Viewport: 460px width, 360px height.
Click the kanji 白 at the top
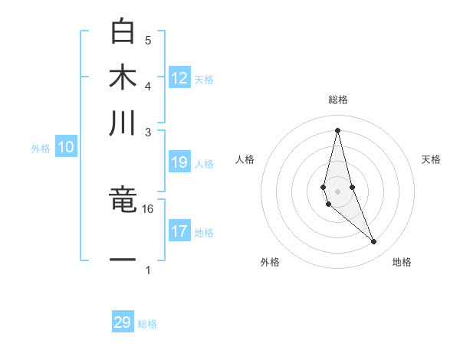123,31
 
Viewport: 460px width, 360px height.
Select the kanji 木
123,77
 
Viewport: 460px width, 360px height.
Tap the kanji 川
123,123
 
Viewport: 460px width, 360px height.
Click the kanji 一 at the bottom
123,260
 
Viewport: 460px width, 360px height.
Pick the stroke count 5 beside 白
148,40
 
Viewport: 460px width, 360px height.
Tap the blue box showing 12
179,78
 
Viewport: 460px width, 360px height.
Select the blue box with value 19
179,162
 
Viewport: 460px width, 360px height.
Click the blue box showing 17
179,231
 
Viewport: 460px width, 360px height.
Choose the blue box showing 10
66,148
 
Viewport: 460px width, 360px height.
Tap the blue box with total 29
123,322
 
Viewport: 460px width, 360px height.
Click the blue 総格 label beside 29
147,324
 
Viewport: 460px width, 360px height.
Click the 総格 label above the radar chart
338,100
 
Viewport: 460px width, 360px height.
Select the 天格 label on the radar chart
431,159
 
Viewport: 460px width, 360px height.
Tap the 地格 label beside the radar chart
402,262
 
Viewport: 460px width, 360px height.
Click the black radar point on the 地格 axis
374,242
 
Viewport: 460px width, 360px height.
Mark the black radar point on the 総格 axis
338,129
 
